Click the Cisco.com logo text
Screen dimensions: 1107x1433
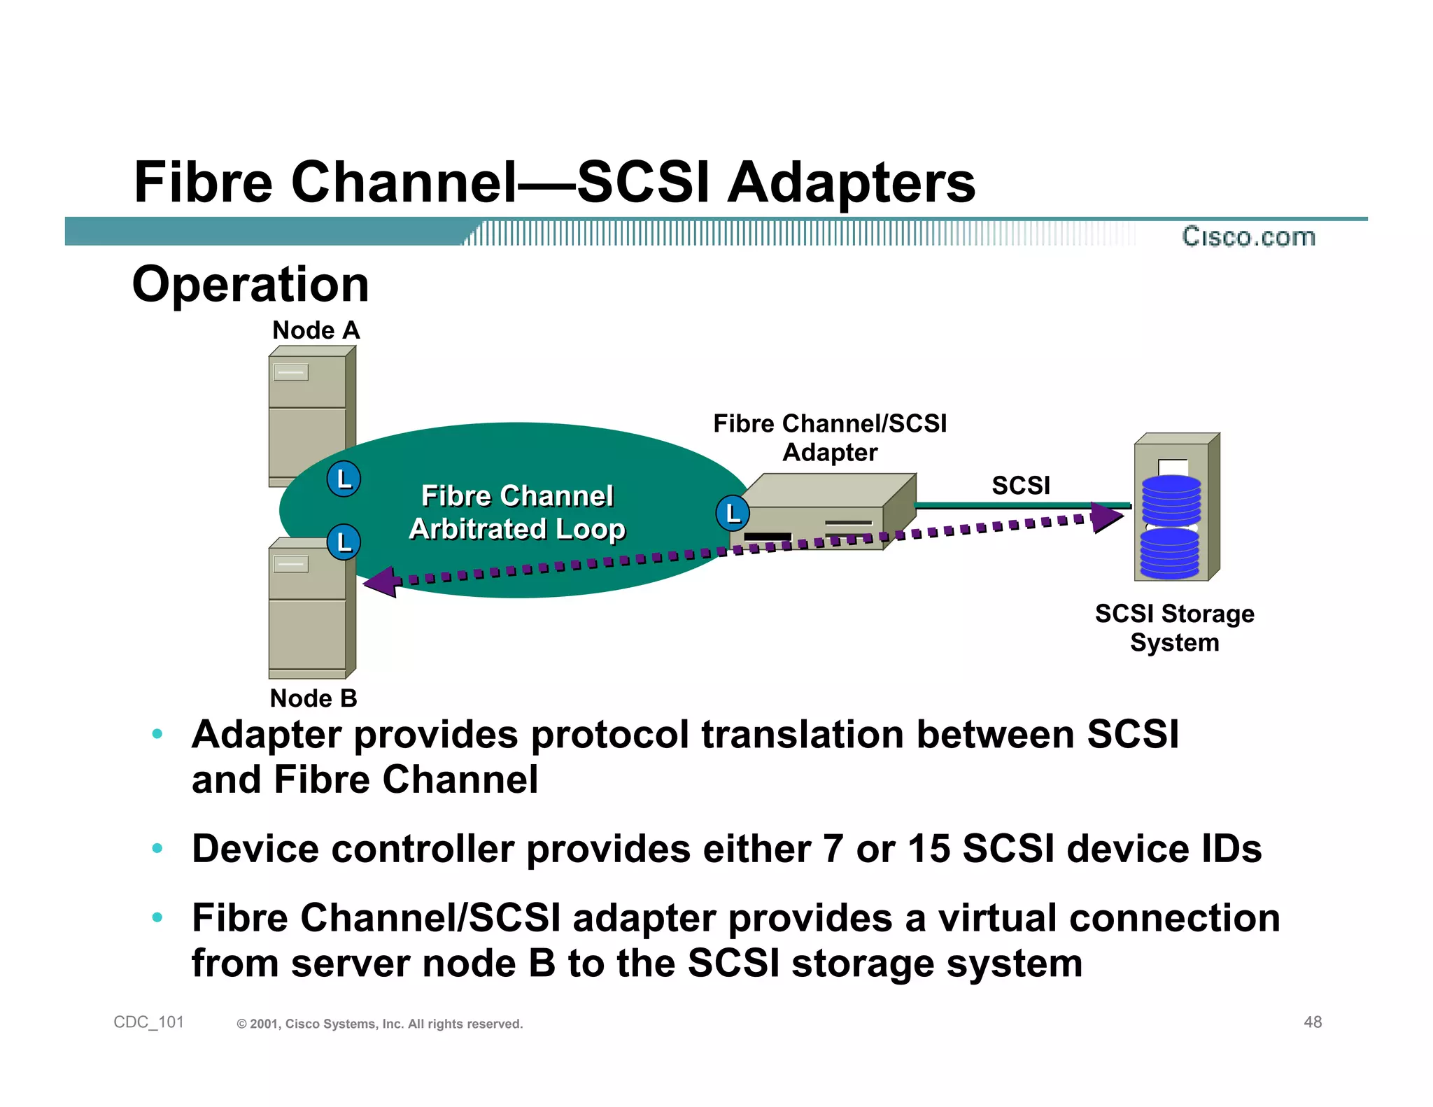tap(1248, 237)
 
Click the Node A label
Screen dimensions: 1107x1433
tap(316, 330)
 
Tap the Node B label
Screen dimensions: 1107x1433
tap(313, 698)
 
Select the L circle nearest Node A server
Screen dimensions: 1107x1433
tap(344, 479)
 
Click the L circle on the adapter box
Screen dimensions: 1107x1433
tap(733, 514)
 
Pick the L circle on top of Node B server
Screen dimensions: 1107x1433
tap(344, 542)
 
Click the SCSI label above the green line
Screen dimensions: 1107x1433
tap(1021, 486)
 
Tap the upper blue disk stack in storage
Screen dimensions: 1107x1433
tap(1171, 500)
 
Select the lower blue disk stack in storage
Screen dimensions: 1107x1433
tap(1169, 553)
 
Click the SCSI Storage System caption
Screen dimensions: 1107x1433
tap(1174, 628)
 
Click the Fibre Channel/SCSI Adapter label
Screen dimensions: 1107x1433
tap(829, 438)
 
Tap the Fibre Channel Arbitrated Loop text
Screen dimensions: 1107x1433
tap(517, 512)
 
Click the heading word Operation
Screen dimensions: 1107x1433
tap(250, 285)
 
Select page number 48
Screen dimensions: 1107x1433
tap(1313, 1022)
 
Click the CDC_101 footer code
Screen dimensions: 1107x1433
tap(148, 1022)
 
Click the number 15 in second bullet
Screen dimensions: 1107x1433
tap(929, 849)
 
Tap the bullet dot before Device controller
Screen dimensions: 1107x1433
tap(157, 849)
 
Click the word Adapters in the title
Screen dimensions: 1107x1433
tap(851, 183)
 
